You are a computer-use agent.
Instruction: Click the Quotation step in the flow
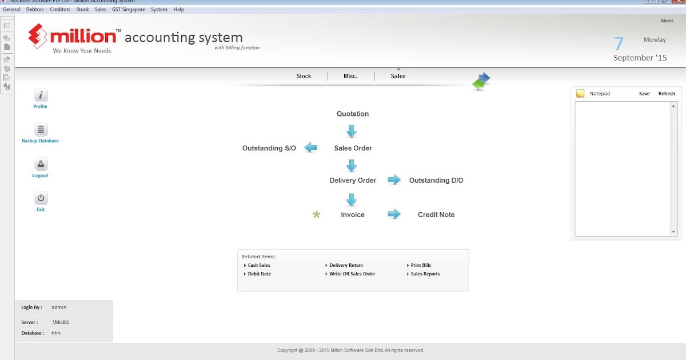[x=353, y=114]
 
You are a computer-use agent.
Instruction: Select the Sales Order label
[x=353, y=149]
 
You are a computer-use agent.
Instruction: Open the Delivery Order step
[x=353, y=181]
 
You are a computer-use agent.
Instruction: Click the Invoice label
[x=353, y=215]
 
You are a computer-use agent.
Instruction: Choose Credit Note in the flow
[x=436, y=215]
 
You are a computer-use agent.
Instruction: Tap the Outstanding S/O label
[x=269, y=149]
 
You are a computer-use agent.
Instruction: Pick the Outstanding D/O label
[x=436, y=181]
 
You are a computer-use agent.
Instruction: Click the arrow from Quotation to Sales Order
[x=352, y=131]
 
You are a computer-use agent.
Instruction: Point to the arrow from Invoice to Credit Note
[x=394, y=214]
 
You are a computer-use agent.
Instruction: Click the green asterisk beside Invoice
[x=317, y=215]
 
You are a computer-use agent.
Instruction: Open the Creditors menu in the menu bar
[x=60, y=10]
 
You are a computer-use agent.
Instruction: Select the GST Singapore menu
[x=129, y=10]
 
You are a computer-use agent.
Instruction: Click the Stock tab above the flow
[x=304, y=76]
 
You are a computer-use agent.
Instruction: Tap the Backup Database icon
[x=41, y=130]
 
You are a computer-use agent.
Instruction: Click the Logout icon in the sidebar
[x=41, y=165]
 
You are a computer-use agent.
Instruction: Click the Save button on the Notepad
[x=644, y=94]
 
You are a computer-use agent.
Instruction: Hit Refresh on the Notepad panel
[x=667, y=94]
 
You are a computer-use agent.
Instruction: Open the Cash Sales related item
[x=259, y=266]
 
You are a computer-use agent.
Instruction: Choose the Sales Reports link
[x=425, y=274]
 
